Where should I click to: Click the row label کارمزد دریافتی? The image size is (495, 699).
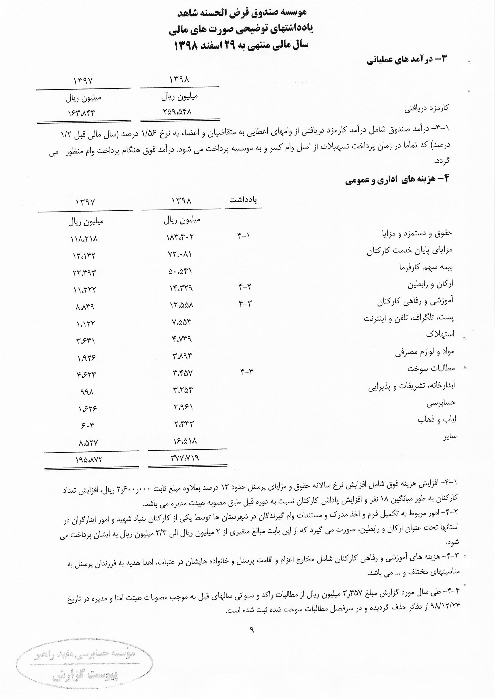(427, 108)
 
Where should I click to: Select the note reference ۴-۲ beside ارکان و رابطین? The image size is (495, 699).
(244, 286)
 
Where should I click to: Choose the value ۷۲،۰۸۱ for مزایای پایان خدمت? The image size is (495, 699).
(180, 254)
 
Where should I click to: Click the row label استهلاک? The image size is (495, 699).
(440, 334)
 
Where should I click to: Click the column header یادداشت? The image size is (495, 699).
(243, 200)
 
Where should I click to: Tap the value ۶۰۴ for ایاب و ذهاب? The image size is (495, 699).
(88, 424)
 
